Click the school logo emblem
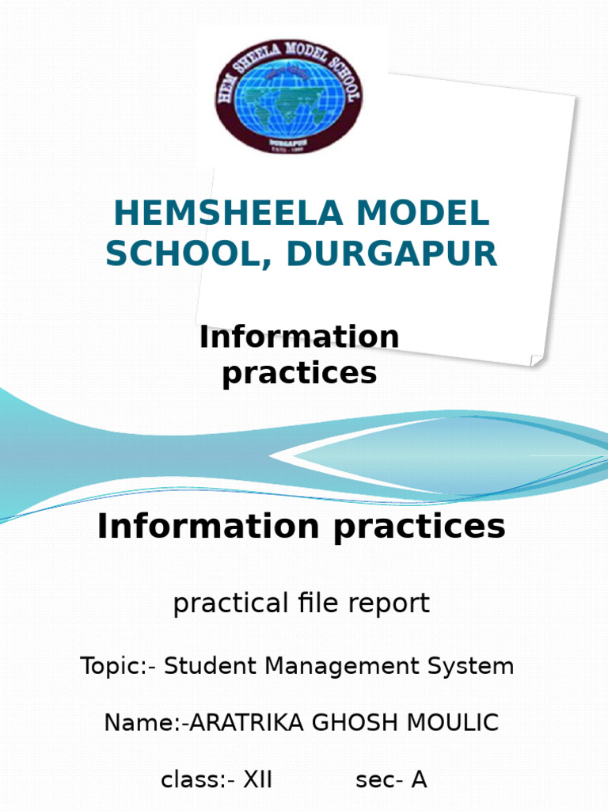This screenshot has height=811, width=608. (290, 96)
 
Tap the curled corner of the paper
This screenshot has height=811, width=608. (536, 359)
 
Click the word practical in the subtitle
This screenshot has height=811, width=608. (218, 603)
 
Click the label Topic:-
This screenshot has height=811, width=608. (118, 666)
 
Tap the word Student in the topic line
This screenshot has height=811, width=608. (211, 666)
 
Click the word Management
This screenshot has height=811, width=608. (344, 666)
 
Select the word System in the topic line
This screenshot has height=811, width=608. (474, 666)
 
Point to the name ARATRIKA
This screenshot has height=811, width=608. (241, 723)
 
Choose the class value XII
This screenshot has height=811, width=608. (257, 780)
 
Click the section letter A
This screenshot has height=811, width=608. (419, 780)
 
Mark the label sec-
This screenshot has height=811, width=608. (379, 780)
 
